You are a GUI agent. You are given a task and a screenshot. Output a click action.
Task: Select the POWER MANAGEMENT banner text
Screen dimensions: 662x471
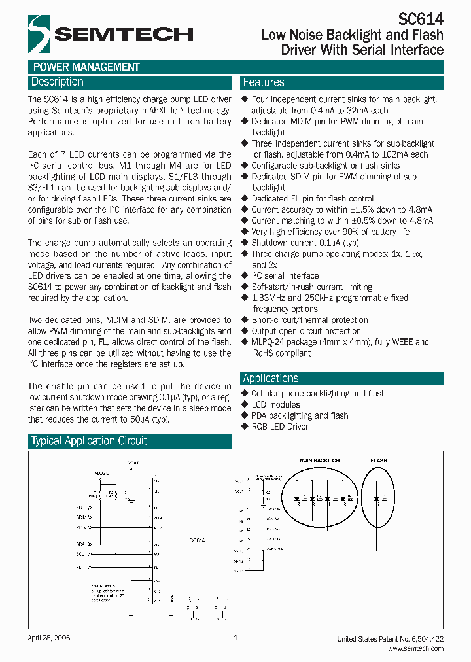tap(86, 67)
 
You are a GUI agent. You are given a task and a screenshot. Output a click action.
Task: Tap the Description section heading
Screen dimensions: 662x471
tap(58, 82)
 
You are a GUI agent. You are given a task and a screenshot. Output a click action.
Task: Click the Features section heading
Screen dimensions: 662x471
tap(264, 82)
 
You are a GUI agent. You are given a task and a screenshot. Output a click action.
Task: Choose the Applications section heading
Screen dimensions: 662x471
tap(271, 378)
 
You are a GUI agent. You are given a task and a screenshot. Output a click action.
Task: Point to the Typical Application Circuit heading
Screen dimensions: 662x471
tap(90, 441)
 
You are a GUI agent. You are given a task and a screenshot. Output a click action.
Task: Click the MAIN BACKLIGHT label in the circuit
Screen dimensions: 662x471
tap(321, 461)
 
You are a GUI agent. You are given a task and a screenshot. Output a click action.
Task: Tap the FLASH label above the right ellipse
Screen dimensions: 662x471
tap(379, 461)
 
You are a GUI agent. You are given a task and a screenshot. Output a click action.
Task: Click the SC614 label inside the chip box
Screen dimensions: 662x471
tap(198, 540)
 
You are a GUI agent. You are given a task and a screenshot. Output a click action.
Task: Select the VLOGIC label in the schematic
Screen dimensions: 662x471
tap(102, 472)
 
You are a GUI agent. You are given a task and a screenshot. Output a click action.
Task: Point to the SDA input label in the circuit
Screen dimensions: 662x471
tap(80, 544)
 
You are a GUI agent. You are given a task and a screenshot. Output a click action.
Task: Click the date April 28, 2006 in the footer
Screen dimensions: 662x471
tap(50, 638)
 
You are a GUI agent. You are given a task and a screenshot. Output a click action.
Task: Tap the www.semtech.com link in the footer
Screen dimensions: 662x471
tap(415, 648)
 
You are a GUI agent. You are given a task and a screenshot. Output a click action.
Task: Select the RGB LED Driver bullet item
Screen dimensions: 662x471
tap(279, 427)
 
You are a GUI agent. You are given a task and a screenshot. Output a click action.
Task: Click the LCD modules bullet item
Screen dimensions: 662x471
tap(275, 404)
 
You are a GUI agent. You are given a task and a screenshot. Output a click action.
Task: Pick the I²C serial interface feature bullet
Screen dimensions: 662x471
tap(285, 275)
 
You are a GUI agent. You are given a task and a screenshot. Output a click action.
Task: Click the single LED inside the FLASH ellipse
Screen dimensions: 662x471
tap(379, 499)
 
